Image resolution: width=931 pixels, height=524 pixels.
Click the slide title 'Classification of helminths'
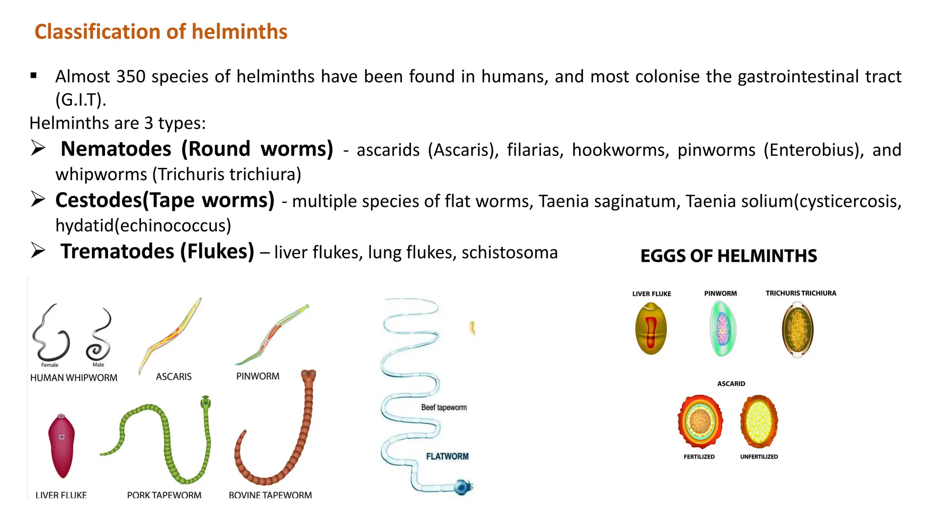[x=161, y=32]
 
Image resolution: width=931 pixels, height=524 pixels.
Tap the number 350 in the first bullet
[x=130, y=76]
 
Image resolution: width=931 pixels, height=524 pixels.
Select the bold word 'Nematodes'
[x=116, y=149]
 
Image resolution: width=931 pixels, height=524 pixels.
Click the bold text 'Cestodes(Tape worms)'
[x=165, y=200]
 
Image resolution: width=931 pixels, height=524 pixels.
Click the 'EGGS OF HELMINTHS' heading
[x=728, y=256]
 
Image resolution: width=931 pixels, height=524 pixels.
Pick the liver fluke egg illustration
[x=651, y=328]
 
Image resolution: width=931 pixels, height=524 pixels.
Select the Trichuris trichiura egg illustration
[x=798, y=330]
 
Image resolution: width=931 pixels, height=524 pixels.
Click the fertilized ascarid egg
[x=700, y=422]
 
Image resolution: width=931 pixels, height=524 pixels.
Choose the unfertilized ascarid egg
[x=759, y=421]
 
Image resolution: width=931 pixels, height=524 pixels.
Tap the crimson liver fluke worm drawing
[x=61, y=446]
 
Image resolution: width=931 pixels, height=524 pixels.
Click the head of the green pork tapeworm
[x=206, y=402]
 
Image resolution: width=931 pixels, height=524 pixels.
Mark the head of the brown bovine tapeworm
[x=309, y=376]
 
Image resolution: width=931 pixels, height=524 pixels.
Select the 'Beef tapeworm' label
[x=444, y=408]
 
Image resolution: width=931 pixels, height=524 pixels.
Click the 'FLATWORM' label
[x=447, y=456]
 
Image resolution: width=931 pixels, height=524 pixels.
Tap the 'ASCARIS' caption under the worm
[x=174, y=377]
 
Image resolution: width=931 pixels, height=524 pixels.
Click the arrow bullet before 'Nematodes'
[x=38, y=148]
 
